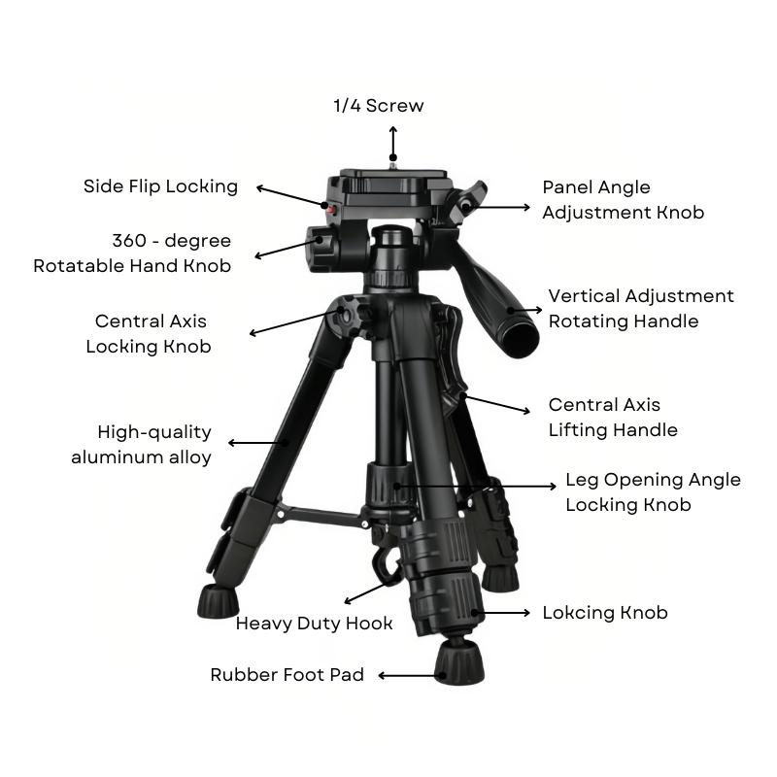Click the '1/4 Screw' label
tap(379, 106)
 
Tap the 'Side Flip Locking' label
tap(160, 186)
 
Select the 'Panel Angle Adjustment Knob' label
tap(623, 199)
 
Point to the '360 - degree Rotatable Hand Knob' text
tap(132, 253)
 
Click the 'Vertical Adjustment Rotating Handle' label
tap(641, 308)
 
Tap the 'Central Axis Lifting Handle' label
tap(613, 417)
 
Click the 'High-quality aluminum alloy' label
tap(142, 445)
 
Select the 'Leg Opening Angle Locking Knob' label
tap(653, 491)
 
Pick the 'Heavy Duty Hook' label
tap(315, 624)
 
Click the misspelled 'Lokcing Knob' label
tap(605, 613)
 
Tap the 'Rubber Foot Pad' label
tap(287, 675)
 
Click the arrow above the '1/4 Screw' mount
tap(393, 142)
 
